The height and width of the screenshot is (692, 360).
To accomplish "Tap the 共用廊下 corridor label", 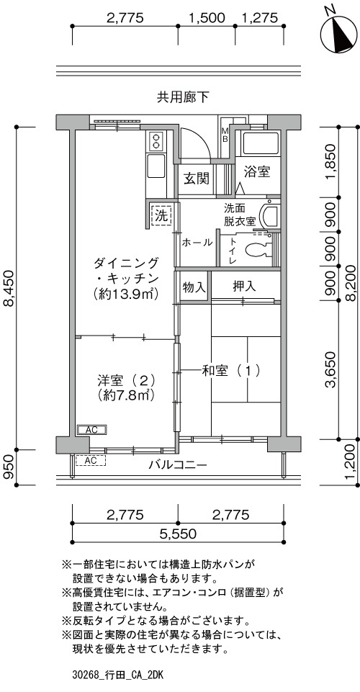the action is tap(183, 97).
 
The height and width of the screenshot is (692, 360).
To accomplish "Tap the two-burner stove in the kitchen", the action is tap(156, 142).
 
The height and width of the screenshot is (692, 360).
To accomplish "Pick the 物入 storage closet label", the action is tap(194, 287).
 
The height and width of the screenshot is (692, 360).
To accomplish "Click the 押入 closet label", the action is tap(245, 287).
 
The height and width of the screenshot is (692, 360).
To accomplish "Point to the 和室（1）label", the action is tap(230, 371).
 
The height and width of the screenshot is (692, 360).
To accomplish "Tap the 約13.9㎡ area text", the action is tap(126, 293).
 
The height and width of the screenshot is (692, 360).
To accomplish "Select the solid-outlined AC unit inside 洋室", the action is tap(91, 429).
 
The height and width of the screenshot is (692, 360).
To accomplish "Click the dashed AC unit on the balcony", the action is tap(91, 460).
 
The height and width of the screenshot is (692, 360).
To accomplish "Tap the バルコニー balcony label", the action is tap(178, 464).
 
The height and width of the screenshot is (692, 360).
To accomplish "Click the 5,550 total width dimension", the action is tap(178, 534).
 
